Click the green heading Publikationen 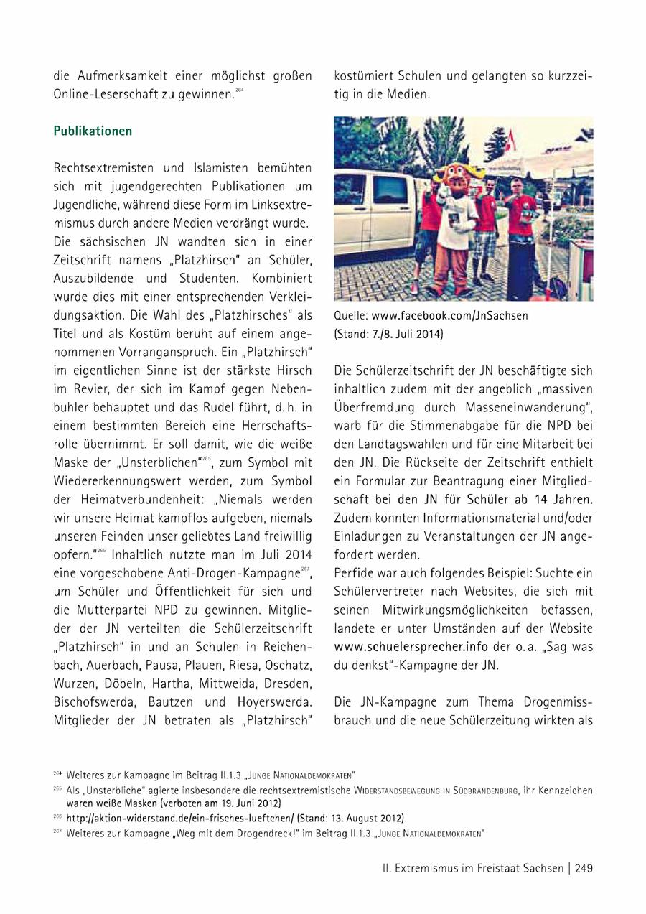pos(93,131)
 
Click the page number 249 pos(583,868)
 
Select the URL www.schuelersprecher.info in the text pos(401,647)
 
